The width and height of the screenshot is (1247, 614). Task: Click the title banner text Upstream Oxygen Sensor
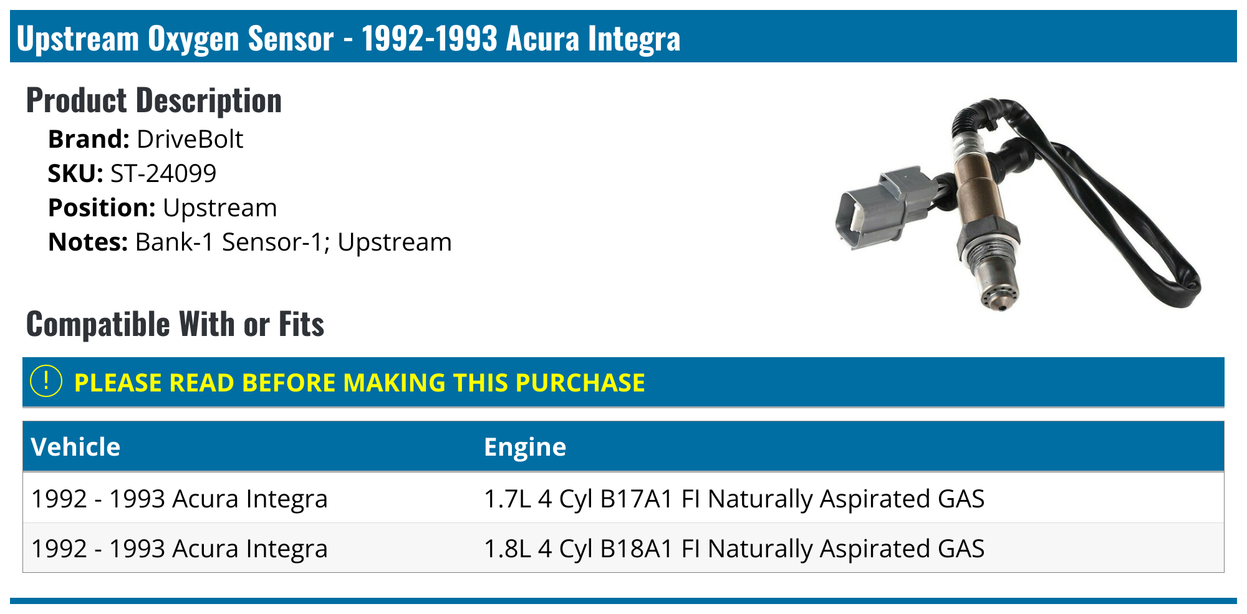tap(175, 39)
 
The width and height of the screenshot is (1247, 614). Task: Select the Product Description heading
tap(154, 100)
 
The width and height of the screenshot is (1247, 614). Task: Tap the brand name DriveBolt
tap(190, 139)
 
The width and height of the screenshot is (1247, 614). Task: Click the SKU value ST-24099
tap(163, 173)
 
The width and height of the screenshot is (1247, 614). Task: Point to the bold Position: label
tap(102, 208)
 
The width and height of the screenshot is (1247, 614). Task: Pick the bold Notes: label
tap(88, 242)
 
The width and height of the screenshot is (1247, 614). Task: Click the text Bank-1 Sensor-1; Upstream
tap(293, 242)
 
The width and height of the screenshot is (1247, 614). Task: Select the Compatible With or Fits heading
tap(175, 324)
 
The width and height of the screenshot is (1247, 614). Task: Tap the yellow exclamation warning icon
tap(46, 381)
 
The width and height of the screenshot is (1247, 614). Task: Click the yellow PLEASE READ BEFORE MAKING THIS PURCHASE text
tap(359, 382)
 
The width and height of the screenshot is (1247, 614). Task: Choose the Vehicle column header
tap(75, 447)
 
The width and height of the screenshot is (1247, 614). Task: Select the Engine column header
tap(525, 447)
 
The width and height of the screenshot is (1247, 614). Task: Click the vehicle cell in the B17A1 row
tap(180, 499)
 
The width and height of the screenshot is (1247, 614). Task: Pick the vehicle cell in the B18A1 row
tap(180, 549)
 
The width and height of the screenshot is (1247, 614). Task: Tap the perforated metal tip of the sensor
tap(999, 293)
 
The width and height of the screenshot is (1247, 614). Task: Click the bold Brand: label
tap(89, 139)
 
